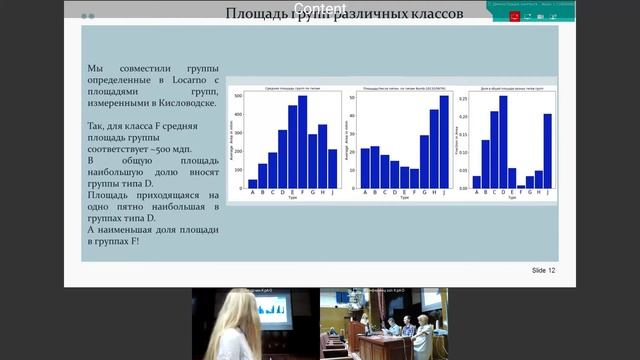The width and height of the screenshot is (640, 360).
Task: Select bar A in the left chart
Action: pyautogui.click(x=252, y=183)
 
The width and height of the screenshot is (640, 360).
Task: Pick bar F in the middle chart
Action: pyautogui.click(x=404, y=177)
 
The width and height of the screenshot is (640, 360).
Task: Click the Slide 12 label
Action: pyautogui.click(x=543, y=271)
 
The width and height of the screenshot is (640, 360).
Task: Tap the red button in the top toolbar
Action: pyautogui.click(x=514, y=15)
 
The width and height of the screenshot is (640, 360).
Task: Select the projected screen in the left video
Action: pyautogui.click(x=271, y=309)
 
